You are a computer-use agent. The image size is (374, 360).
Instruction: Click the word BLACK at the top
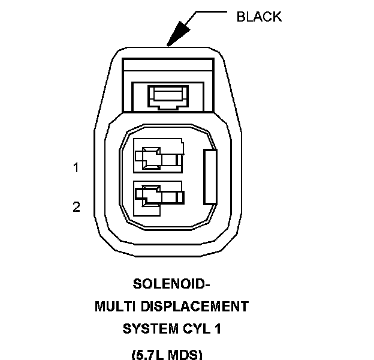tap(259, 16)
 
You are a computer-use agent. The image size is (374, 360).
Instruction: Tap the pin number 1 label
tap(76, 168)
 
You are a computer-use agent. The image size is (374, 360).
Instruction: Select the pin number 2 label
tap(76, 207)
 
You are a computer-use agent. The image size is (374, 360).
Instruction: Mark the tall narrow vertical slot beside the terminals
tap(210, 177)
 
